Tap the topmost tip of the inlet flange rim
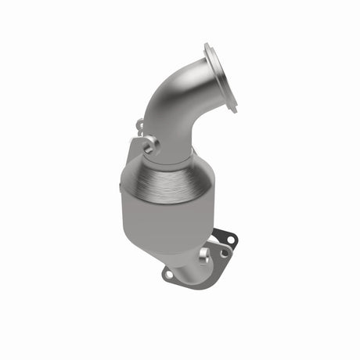point(208,45)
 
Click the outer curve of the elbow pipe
point(160,94)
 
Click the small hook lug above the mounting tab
point(139,124)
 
